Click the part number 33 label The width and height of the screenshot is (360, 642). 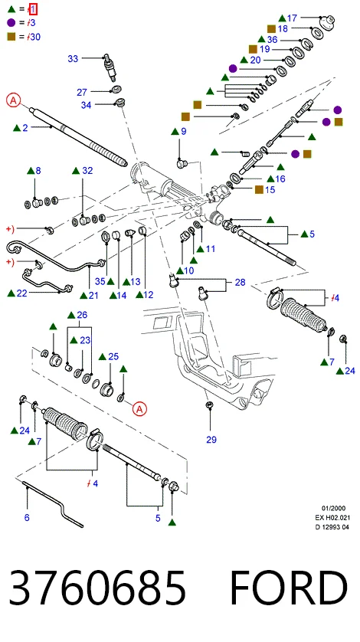pos(73,59)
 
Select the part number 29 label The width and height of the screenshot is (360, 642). pos(211,440)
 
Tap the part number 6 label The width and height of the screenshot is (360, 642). pos(27,518)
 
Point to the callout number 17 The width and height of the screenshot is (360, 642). pos(292,18)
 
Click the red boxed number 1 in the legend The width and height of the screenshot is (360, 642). pos(33,8)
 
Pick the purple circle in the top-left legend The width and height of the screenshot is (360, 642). pos(11,23)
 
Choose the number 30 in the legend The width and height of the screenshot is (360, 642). pos(35,37)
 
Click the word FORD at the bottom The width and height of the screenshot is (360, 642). pos(289,588)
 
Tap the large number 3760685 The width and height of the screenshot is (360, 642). pos(97,588)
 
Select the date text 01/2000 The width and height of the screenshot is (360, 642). pos(333,509)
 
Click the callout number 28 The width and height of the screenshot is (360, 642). pos(240,282)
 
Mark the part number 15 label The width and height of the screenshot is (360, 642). pos(270,190)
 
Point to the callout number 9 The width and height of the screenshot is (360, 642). pos(184,132)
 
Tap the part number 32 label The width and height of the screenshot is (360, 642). pos(87,171)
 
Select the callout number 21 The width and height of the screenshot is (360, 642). pos(93,295)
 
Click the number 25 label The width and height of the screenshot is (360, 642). pos(113,356)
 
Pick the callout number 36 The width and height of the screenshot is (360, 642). pos(273,39)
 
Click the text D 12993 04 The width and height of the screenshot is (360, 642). pos(332,527)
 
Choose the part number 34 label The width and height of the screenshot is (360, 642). pos(86,105)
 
